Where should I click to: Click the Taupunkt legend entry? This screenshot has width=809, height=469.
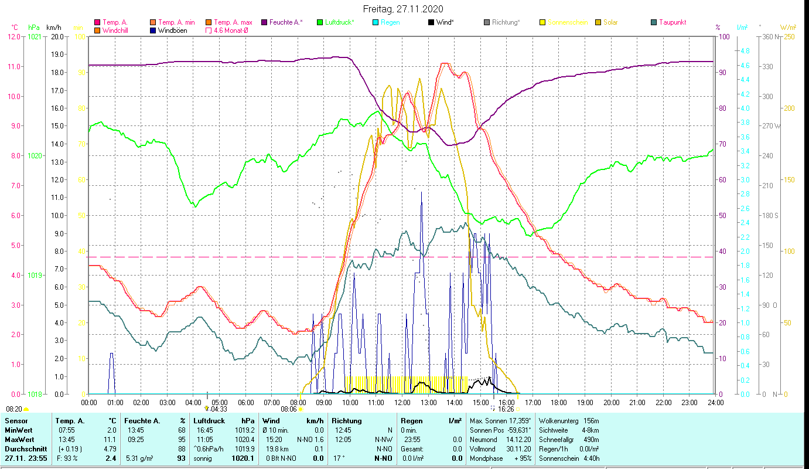click(672, 22)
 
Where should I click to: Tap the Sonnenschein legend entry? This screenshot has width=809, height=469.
click(567, 22)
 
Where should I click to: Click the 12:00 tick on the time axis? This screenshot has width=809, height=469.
click(402, 403)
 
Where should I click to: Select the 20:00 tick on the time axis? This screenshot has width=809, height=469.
click(612, 403)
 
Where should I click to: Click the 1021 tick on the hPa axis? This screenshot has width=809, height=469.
click(35, 37)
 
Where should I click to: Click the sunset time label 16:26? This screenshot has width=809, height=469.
click(506, 409)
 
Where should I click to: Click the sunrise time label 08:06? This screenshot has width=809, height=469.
click(289, 409)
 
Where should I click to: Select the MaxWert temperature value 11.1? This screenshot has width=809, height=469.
click(110, 439)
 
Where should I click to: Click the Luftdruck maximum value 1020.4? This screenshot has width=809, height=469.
click(247, 439)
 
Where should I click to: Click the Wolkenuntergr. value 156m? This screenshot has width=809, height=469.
click(591, 421)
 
